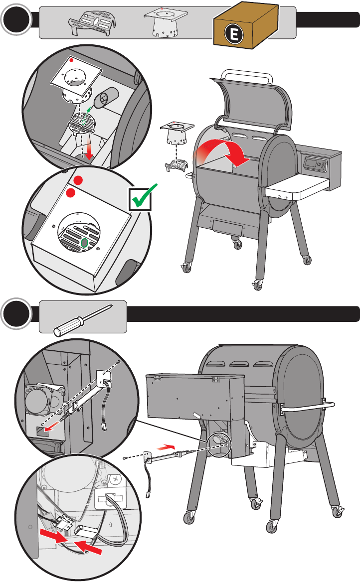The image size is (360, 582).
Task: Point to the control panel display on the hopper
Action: (311, 163)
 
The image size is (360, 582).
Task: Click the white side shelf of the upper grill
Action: (297, 187)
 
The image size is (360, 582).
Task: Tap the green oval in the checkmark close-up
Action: (84, 243)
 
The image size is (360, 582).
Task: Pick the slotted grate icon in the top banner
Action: (92, 23)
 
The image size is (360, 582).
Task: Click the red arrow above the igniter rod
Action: (166, 446)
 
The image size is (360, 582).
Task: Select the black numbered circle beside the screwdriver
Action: (16, 314)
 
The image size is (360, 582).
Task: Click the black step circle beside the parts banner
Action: (16, 19)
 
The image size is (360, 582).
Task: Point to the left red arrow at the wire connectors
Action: (53, 536)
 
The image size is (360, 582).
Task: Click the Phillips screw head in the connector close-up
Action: (116, 479)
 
